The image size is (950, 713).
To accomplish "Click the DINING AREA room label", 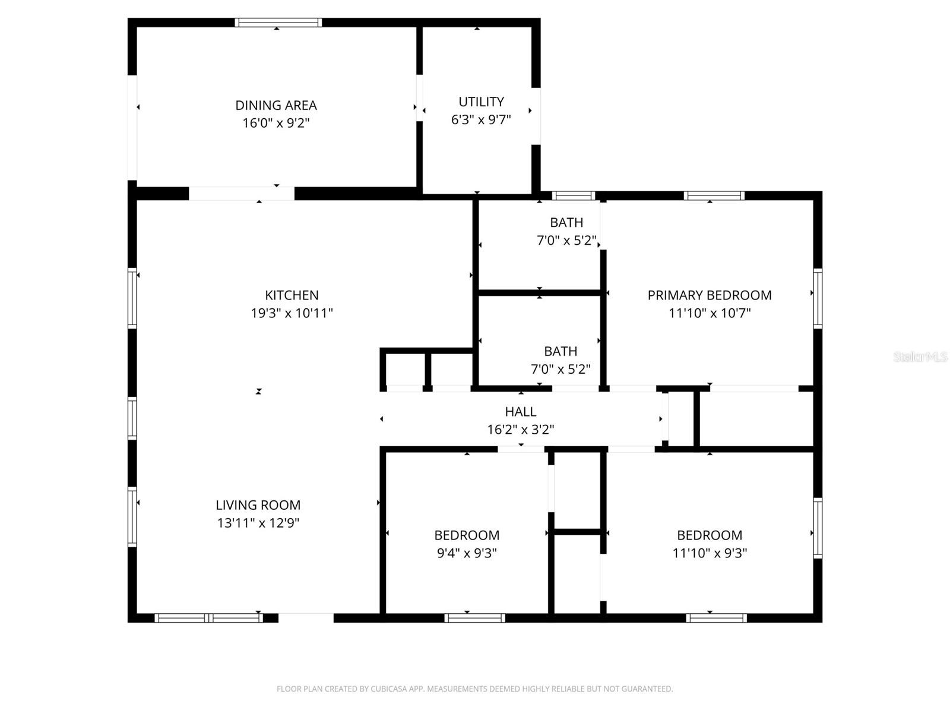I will (x=276, y=105).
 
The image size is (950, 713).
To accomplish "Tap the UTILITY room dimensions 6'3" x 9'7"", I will (x=481, y=119).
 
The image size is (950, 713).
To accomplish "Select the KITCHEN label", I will (x=292, y=295).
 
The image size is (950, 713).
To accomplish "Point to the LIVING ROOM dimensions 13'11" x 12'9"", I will (x=258, y=523).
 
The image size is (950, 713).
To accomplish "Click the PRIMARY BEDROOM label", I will (x=710, y=295).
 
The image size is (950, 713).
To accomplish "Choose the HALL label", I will (x=521, y=411).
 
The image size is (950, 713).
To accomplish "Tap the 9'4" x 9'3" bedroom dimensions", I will (x=467, y=553).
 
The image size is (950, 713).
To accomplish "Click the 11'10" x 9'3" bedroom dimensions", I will (x=710, y=553).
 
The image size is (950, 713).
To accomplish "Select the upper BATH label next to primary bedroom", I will (x=566, y=222).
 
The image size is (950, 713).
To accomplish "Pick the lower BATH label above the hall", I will (x=560, y=351).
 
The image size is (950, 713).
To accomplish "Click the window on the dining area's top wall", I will (x=278, y=23).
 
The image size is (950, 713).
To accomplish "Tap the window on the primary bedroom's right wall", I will (x=818, y=298).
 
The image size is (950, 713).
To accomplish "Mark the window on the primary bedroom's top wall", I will (x=714, y=195).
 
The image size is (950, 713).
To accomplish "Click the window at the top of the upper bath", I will (x=573, y=195).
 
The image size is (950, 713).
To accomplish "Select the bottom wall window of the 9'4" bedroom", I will (x=474, y=618).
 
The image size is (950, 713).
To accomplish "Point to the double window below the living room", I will (x=208, y=618).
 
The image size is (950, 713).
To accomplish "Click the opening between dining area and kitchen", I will (x=242, y=194).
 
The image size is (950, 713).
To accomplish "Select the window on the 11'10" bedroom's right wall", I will (x=818, y=528).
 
